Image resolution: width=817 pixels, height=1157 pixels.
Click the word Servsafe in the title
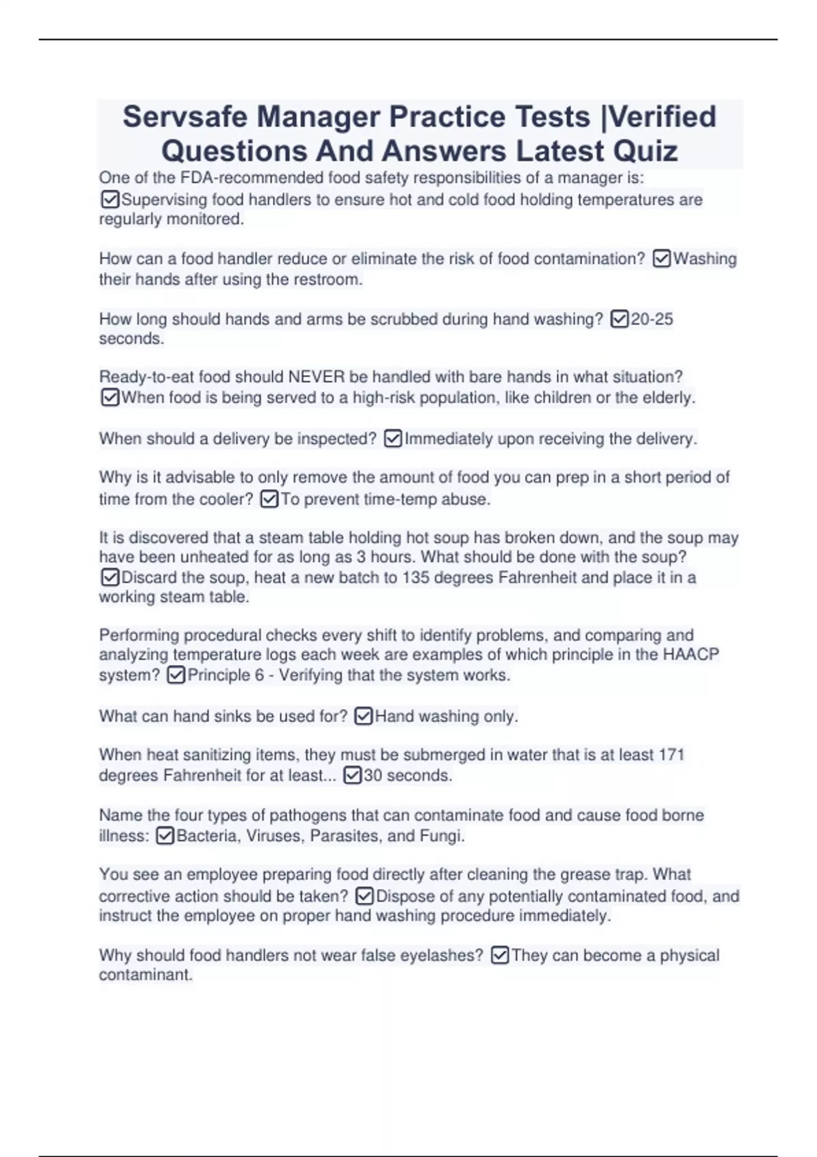[x=185, y=117]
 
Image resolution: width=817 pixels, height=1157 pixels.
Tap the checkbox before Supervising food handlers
[x=110, y=200]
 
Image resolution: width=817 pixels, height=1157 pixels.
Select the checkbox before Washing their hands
[x=662, y=259]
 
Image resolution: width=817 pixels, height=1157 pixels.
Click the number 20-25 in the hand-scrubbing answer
[x=652, y=319]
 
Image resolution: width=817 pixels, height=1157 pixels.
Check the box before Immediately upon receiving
[x=393, y=439]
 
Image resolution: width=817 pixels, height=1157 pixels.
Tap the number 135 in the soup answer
[x=415, y=578]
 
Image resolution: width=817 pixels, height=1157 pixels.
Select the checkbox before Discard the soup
[x=110, y=578]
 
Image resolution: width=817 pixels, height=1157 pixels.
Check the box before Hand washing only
[x=364, y=716]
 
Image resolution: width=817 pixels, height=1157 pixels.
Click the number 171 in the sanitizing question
[x=671, y=755]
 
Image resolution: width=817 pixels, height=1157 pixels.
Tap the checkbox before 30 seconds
[x=352, y=775]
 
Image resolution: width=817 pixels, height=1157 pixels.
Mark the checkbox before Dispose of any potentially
[x=365, y=896]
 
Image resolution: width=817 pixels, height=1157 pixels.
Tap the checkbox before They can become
[x=500, y=956]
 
